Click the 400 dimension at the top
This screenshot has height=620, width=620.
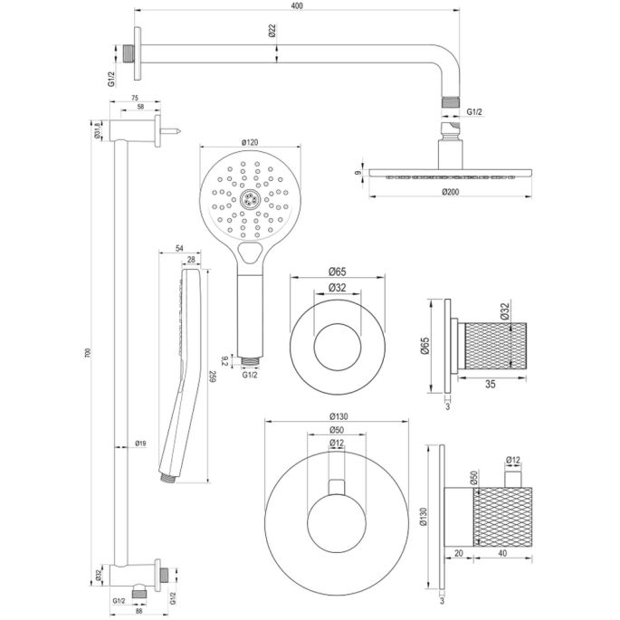(296, 7)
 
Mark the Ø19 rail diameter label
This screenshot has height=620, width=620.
(139, 443)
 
